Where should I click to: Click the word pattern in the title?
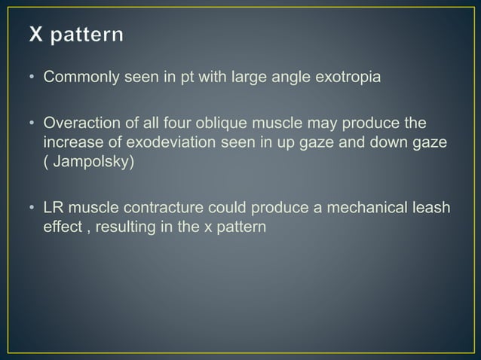pos(89,36)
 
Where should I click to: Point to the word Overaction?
pos(81,122)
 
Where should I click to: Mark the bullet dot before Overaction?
pos(34,123)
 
